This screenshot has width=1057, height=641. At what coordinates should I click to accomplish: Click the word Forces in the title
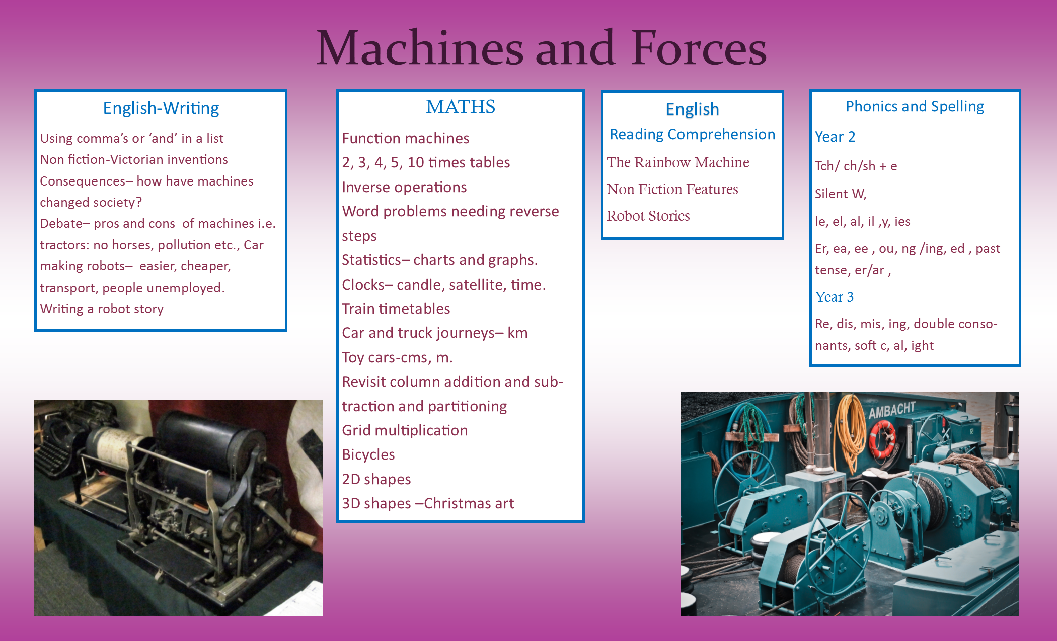699,48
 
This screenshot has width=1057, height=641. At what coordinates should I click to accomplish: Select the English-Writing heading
161,108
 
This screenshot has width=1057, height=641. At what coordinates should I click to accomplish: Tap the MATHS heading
461,107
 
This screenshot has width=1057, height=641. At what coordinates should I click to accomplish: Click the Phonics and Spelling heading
915,107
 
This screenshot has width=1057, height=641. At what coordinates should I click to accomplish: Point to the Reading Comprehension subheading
692,134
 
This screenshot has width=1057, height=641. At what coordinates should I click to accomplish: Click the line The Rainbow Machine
677,162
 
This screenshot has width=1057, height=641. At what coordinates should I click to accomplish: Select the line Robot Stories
648,216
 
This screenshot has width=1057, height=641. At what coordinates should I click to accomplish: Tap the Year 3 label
834,297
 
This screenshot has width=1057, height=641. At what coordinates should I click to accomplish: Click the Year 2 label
835,137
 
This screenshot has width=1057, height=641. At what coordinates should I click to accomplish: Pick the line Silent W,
841,194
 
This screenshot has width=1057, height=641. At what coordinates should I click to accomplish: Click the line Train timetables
396,309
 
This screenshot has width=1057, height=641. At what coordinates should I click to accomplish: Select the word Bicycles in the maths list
368,454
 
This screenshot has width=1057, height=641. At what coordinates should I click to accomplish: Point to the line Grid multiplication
405,430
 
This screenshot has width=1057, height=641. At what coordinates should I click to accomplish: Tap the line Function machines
406,138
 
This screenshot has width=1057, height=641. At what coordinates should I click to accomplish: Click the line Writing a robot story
102,309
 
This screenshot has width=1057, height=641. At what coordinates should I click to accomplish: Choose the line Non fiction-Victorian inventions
134,159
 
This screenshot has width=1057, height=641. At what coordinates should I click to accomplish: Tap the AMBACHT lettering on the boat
891,410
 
